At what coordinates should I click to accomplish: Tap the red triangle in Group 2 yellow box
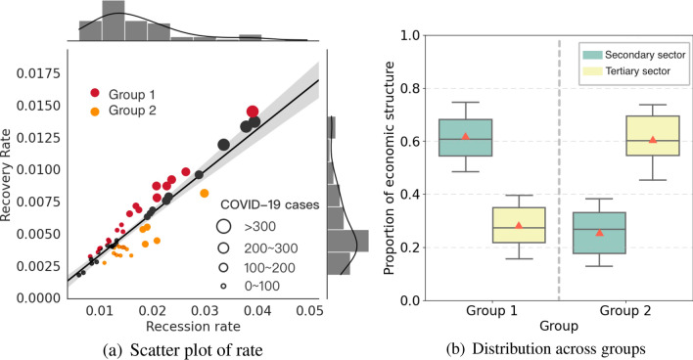pos(652,140)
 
